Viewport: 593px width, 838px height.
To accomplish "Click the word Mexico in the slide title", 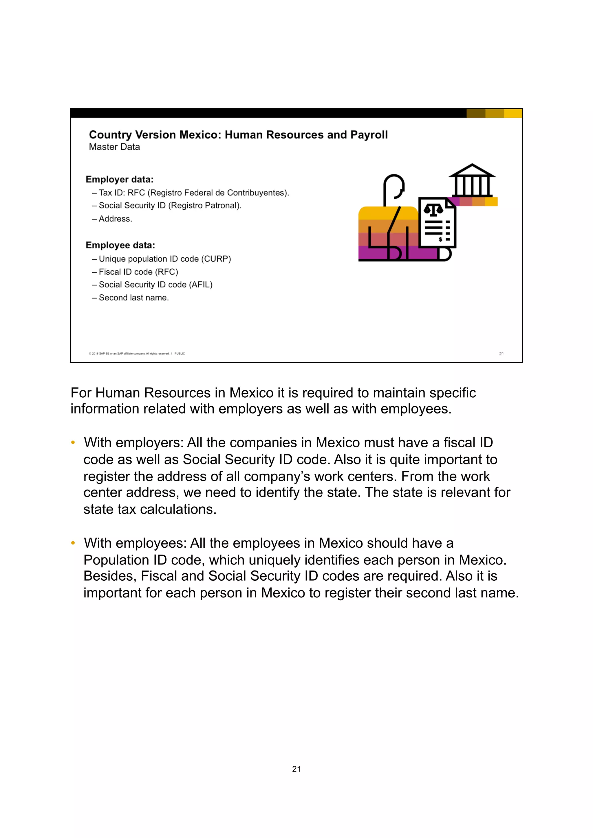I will click(200, 135).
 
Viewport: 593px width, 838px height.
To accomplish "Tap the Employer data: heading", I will click(120, 179).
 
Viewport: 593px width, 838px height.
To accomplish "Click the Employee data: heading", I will click(120, 245).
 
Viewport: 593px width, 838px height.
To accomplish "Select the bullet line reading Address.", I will click(115, 219).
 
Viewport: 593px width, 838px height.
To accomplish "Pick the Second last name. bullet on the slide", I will click(134, 298).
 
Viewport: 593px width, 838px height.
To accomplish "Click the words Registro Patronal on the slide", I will click(204, 206).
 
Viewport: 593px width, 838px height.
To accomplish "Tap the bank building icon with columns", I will click(472, 181).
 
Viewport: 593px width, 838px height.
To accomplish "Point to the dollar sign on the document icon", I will click(440, 239).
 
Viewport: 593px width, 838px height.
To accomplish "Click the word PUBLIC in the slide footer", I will click(180, 353).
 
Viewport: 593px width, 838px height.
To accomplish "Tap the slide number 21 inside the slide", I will click(501, 353).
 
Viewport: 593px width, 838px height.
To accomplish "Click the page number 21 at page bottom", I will click(296, 769).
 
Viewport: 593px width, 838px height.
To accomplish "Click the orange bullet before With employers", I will click(73, 442).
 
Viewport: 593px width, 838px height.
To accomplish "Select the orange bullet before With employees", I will click(73, 543).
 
